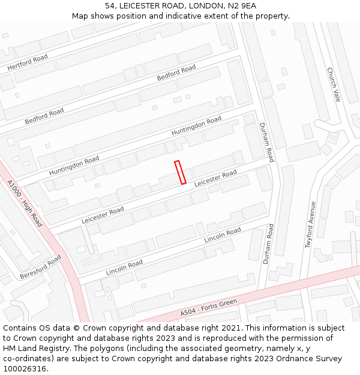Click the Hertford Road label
tap(28, 62)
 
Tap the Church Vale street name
tap(334, 84)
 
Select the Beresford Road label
tap(41, 266)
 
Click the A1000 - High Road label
tap(25, 203)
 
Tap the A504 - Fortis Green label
tap(209, 308)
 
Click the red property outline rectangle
tap(180, 172)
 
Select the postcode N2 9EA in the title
tap(241, 6)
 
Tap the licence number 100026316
tap(26, 369)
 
